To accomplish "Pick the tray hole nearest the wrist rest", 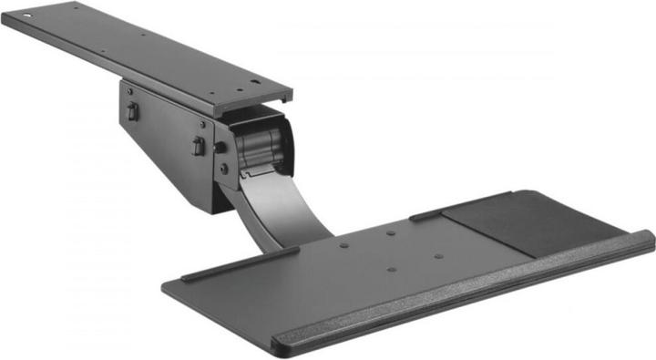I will pyautogui.click(x=392, y=269).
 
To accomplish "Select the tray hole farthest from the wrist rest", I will pyautogui.click(x=390, y=232).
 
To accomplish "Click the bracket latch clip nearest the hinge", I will pyautogui.click(x=198, y=146).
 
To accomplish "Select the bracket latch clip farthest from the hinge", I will pyautogui.click(x=132, y=111).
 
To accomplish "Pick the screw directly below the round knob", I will pyautogui.click(x=223, y=169).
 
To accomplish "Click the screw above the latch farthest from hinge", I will pyautogui.click(x=129, y=91).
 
